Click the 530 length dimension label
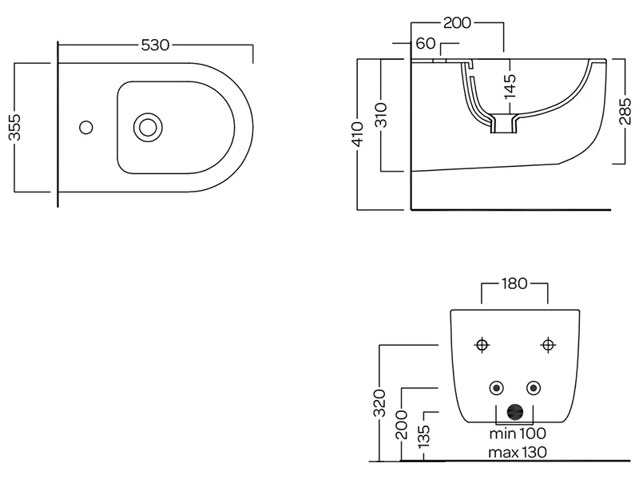(x=155, y=46)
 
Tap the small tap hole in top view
(x=86, y=126)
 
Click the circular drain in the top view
(x=146, y=126)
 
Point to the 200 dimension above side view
(x=456, y=22)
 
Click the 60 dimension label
(x=424, y=43)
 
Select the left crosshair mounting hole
(x=481, y=345)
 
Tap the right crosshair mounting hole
(x=547, y=345)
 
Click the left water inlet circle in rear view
(x=498, y=389)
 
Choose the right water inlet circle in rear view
(x=532, y=389)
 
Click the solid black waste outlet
(x=517, y=412)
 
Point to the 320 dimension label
(x=380, y=403)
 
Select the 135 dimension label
(x=424, y=436)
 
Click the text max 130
(x=518, y=453)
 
